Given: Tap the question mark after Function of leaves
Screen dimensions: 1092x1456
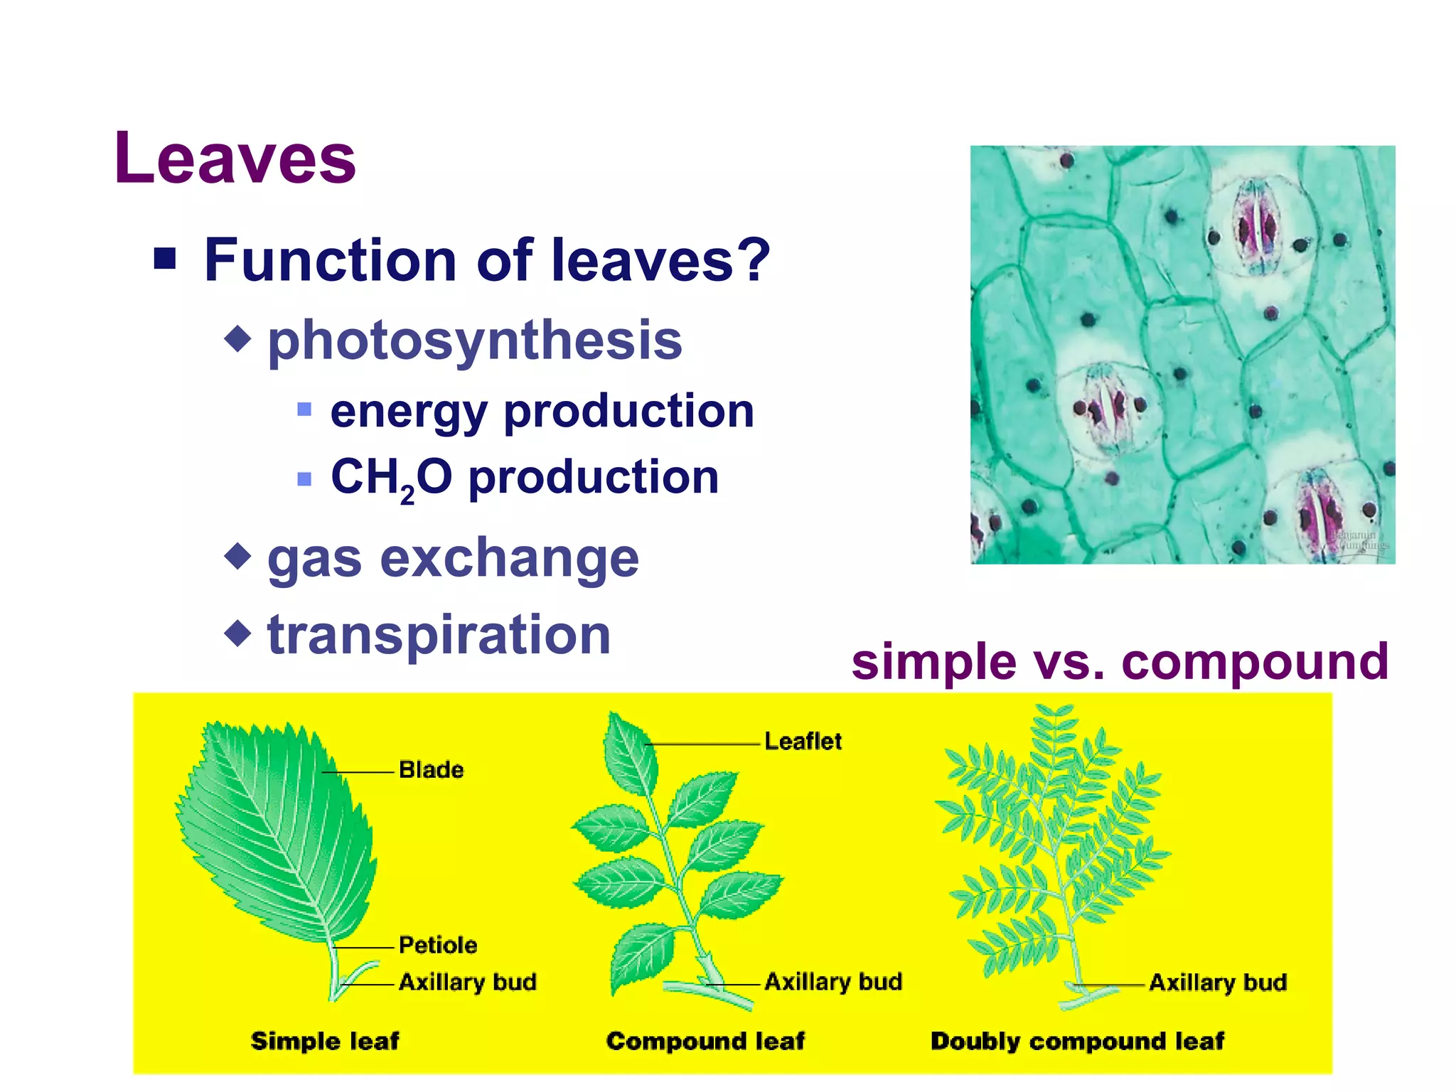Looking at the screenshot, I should coord(753,259).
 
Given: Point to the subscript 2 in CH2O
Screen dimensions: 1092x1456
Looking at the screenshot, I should coord(407,494).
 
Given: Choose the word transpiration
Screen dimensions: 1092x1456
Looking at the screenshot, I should coord(439,634).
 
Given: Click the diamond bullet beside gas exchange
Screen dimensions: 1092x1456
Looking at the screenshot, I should coord(237,556).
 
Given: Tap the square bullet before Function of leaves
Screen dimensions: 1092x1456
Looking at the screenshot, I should coord(165,259).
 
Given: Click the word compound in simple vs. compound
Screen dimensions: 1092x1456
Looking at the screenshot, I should coord(1254,661).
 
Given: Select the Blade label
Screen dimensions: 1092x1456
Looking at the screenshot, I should coord(431,769).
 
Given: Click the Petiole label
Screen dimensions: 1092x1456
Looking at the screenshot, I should coord(437,945).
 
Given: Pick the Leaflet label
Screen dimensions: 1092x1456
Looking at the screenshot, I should coord(803,741).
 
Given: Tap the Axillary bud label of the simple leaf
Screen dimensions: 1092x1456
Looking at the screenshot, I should coord(467,982).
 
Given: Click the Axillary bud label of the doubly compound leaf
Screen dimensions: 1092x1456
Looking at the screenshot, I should coord(1217,983).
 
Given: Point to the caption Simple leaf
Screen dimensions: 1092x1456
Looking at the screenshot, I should coord(325,1041).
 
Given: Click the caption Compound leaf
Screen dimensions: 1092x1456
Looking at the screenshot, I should coord(705,1041).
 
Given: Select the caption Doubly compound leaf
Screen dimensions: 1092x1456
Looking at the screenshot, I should coord(1076,1041).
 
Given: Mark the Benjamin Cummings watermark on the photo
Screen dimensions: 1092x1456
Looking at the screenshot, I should coord(1358,540).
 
